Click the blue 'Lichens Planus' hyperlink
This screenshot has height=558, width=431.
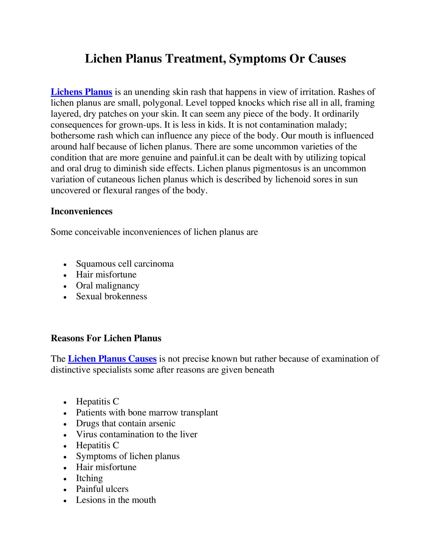81,92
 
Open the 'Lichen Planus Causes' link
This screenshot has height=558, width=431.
112,359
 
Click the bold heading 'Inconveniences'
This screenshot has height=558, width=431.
82,211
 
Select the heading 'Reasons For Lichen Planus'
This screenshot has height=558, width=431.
106,338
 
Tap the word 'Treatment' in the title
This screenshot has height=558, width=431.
195,59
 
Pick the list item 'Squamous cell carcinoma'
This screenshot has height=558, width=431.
125,264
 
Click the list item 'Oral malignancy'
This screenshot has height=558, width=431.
108,285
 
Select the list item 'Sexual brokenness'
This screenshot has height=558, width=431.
111,296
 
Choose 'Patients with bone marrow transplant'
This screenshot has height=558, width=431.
147,413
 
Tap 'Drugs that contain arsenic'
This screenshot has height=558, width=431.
126,423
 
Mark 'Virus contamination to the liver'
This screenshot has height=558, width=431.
136,434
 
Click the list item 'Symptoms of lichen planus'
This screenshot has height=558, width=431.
128,456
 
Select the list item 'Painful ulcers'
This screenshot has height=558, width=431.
102,489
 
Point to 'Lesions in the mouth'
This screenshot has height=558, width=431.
116,500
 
